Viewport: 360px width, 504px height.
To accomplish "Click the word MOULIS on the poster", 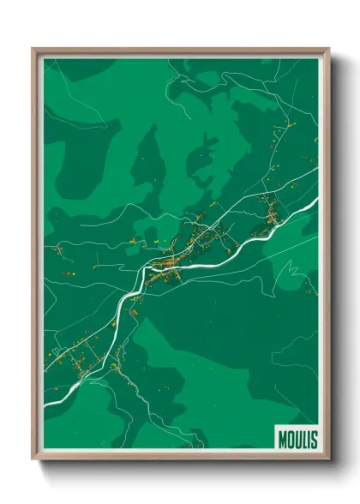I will tap(297, 440).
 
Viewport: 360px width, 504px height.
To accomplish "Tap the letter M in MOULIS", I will tap(283, 440).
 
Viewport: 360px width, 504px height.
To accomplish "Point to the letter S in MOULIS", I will tap(313, 440).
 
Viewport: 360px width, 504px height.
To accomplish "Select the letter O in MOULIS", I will tap(291, 440).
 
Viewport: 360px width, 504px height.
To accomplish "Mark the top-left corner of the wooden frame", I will tap(33, 49).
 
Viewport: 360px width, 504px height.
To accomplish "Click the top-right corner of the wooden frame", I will tap(329, 49).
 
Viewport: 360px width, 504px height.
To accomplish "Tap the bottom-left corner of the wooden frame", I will tap(33, 461).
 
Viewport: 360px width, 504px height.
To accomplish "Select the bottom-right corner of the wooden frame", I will tap(329, 461).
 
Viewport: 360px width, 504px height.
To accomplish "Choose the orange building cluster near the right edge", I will tap(270, 214).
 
